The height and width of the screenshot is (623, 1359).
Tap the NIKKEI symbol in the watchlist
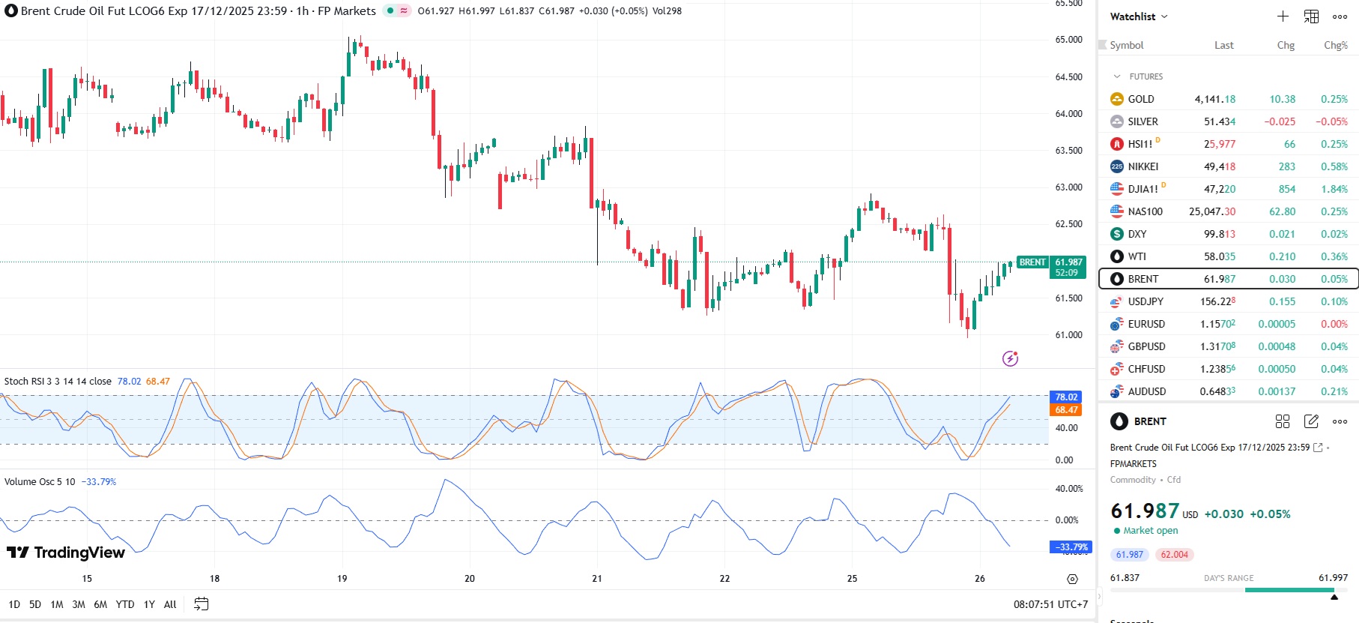click(x=1142, y=166)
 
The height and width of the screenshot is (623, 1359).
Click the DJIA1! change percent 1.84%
click(x=1334, y=189)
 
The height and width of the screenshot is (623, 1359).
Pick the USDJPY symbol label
click(x=1145, y=301)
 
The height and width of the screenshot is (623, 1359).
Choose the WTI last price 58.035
click(x=1219, y=256)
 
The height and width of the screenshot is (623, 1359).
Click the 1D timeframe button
click(x=14, y=604)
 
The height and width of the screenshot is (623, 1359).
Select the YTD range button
click(x=125, y=604)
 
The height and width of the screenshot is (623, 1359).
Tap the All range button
click(x=170, y=604)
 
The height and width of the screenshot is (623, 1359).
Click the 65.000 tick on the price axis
click(x=1068, y=40)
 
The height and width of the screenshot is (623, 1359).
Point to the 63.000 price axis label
click(x=1068, y=187)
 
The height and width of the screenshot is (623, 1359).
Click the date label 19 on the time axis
click(x=342, y=579)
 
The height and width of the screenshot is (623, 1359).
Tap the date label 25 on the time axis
click(x=853, y=579)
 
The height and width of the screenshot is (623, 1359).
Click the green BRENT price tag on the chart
click(x=1032, y=262)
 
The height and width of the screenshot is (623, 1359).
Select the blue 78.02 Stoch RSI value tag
click(x=1066, y=397)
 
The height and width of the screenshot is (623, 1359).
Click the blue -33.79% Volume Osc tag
click(x=1071, y=547)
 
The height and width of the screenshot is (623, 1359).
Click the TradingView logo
click(x=66, y=553)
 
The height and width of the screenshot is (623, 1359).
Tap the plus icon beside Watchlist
click(x=1283, y=16)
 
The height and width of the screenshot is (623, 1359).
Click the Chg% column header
click(x=1335, y=45)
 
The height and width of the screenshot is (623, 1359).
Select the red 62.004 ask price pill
click(x=1174, y=555)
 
